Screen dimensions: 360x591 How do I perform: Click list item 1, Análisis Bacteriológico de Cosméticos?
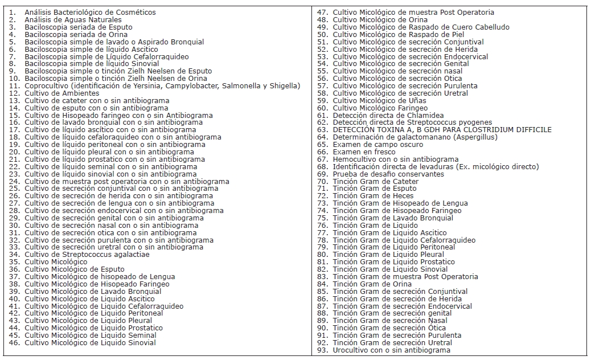tap(90, 13)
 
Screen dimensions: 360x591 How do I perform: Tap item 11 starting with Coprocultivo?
tap(162, 86)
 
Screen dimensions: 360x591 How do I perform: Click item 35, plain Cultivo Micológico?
tap(56, 262)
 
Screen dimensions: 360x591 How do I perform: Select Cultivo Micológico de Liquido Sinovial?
tap(90, 343)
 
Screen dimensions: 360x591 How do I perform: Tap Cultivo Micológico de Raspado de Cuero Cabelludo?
tap(421, 27)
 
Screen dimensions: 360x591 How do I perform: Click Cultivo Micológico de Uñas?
tap(379, 101)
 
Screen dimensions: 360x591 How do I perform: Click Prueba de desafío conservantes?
tap(388, 174)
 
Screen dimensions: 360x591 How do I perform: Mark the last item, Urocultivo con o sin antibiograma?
tap(391, 350)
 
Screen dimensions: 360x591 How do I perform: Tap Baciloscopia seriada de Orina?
tap(75, 35)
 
